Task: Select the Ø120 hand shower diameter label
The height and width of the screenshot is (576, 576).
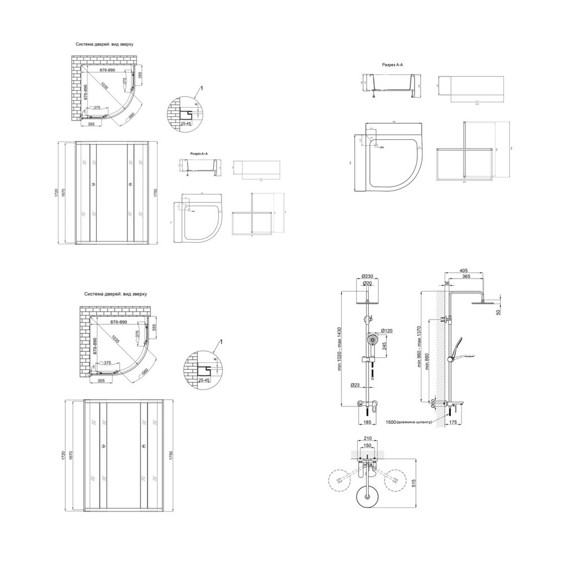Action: [x=386, y=331]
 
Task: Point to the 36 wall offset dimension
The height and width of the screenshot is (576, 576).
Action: [x=447, y=283]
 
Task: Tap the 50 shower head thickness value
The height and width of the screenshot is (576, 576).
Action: [x=499, y=312]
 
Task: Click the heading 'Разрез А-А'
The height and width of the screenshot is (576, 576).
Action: [x=393, y=66]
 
